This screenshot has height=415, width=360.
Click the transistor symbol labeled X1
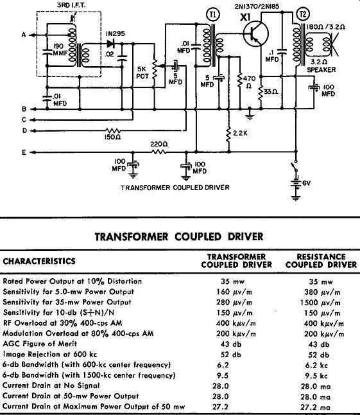[x=256, y=34]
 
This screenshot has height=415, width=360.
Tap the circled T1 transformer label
[x=213, y=15]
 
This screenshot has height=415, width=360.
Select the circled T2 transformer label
[x=303, y=14]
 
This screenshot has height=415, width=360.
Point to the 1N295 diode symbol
[x=111, y=44]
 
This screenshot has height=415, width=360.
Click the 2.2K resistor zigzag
[x=228, y=134]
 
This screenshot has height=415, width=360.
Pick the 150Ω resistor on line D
[x=113, y=130]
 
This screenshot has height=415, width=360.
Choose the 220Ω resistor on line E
[x=159, y=152]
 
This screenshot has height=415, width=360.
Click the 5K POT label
[x=142, y=73]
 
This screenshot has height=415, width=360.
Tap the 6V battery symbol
[x=296, y=183]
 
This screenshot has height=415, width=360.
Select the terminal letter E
[x=24, y=152]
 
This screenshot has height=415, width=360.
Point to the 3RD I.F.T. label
[x=71, y=5]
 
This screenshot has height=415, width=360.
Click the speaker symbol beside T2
[x=332, y=45]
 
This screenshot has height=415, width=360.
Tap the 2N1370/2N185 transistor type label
[x=257, y=6]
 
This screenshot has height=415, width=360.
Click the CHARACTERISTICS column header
[x=39, y=261]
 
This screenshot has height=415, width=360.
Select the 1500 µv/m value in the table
[x=320, y=303]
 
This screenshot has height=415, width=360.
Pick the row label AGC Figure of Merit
[x=40, y=344]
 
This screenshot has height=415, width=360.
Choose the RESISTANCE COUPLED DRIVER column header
[x=321, y=261]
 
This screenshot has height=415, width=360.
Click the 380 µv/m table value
[x=322, y=292]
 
